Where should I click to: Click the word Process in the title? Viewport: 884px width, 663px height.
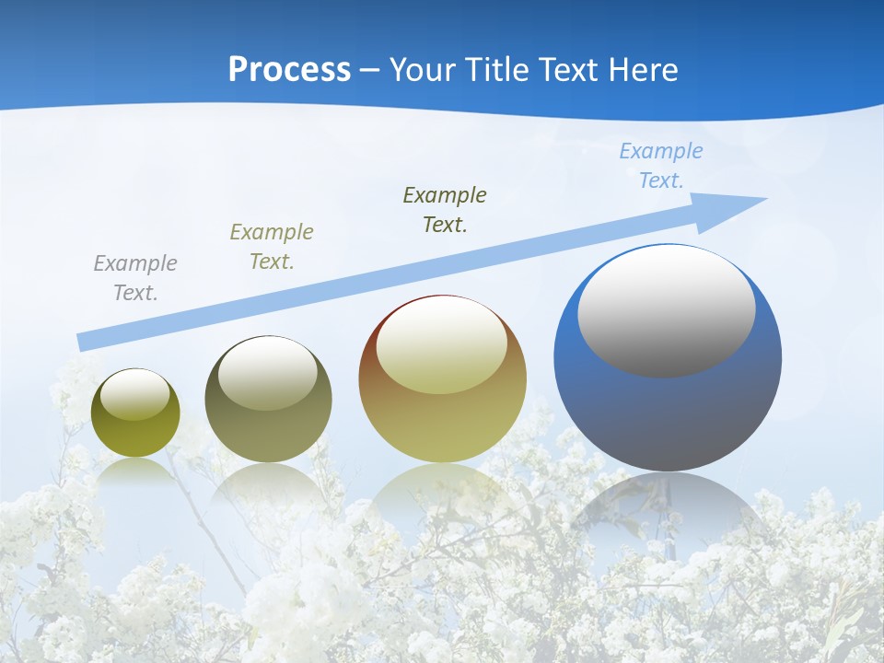(x=289, y=70)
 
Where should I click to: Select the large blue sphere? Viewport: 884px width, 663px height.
(x=668, y=405)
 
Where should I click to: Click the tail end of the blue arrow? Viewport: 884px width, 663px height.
(x=81, y=343)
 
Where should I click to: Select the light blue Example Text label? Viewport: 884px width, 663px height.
(x=661, y=166)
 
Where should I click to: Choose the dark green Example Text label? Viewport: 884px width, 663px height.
(x=445, y=209)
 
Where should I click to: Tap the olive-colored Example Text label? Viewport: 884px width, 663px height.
(x=272, y=246)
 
